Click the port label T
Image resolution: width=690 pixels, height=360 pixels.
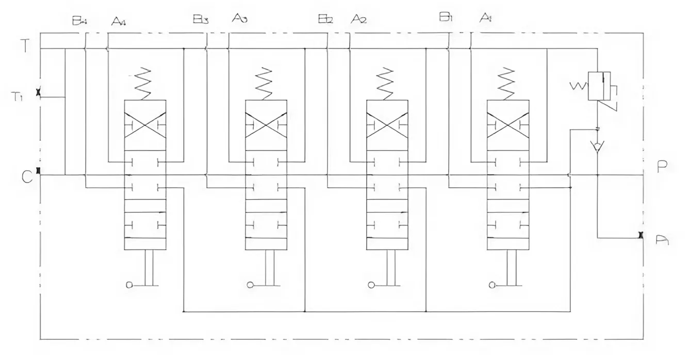point(23,45)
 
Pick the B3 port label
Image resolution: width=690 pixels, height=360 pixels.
point(200,20)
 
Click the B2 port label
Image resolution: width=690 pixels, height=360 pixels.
point(325,20)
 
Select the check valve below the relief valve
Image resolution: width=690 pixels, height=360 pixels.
point(597,145)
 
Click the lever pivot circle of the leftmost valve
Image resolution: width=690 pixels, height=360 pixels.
point(129,284)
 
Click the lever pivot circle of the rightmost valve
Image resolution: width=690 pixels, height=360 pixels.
point(491,284)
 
